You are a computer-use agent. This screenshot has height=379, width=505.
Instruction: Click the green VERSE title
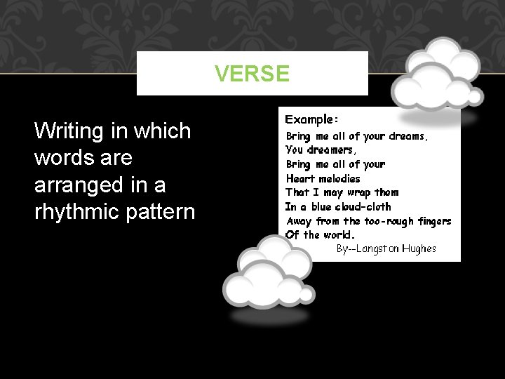point(252,74)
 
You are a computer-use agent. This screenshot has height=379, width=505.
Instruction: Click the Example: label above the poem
point(311,120)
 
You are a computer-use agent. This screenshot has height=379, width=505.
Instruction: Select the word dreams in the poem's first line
point(405,136)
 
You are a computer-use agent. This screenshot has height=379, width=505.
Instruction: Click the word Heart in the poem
point(299,178)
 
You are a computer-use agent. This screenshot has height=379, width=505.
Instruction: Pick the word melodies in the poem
point(339,178)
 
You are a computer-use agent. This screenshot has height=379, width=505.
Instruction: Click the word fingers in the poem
point(434,220)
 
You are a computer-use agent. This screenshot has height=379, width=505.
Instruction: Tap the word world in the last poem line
point(339,234)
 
